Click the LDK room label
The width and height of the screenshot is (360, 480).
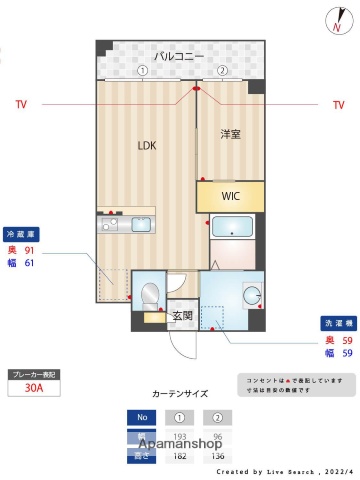point(147,145)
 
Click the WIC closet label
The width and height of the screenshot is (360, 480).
point(231,195)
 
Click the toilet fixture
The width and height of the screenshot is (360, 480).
point(149,295)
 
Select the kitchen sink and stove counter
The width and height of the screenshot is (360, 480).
point(126,225)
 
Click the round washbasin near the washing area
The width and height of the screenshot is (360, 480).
point(251,295)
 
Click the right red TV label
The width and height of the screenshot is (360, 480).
point(338,104)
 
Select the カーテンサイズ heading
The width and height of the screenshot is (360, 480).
point(180,394)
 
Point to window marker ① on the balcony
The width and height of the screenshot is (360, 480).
point(143,71)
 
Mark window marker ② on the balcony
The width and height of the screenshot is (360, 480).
point(222,71)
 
